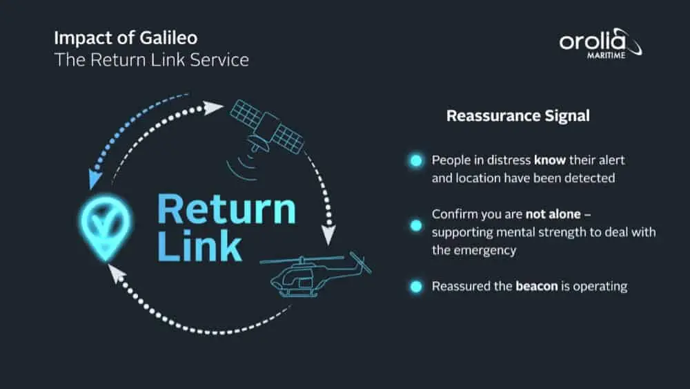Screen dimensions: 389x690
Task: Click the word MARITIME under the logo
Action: (605, 55)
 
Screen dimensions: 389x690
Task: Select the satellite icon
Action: (266, 128)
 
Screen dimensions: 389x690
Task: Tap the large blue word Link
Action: (199, 246)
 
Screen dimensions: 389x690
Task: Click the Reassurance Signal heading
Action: (517, 115)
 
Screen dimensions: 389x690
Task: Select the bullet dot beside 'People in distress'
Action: (415, 161)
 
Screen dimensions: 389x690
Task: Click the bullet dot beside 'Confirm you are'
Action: (415, 225)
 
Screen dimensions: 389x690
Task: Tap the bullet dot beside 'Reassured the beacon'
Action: (415, 286)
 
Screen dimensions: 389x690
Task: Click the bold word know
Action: (550, 160)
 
